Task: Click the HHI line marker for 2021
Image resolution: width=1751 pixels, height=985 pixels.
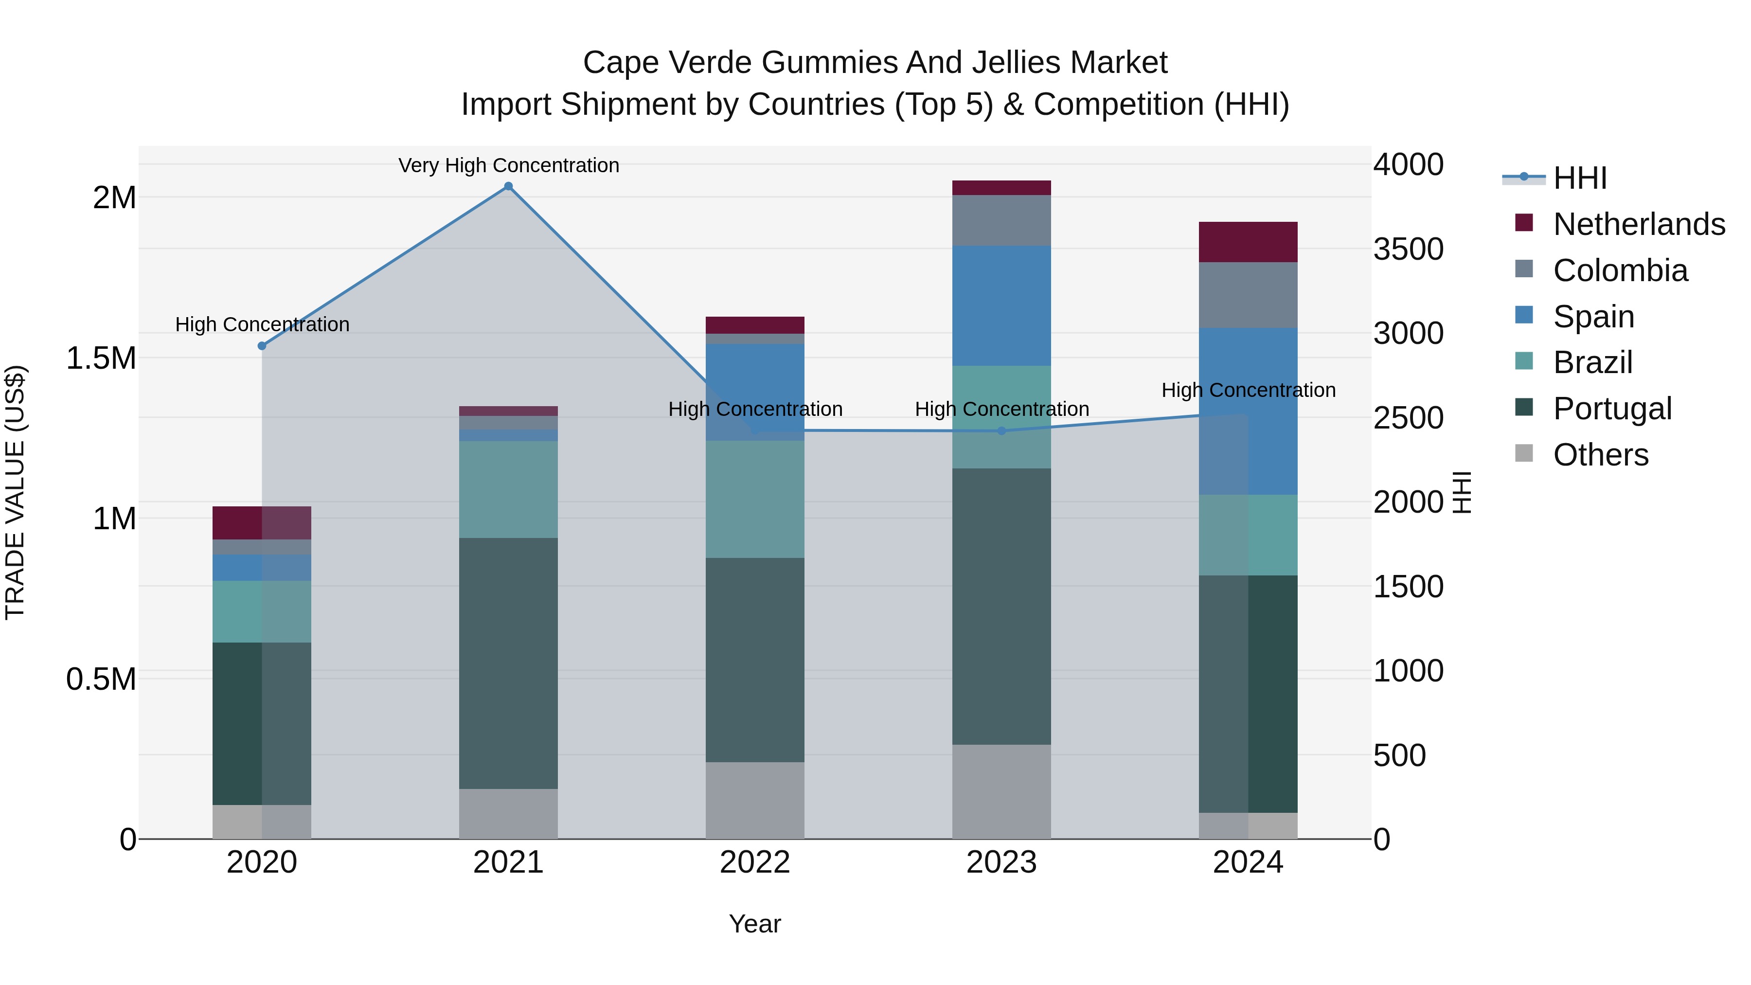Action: coord(508,186)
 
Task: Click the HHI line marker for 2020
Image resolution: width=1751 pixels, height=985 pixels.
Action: coord(262,346)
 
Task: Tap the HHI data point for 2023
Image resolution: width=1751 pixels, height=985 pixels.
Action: coord(1001,431)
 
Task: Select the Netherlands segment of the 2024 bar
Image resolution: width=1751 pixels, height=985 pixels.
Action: coord(1248,242)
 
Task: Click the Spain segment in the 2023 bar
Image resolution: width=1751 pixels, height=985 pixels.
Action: coord(1001,306)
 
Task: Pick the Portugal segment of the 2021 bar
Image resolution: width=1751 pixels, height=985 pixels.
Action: coord(508,663)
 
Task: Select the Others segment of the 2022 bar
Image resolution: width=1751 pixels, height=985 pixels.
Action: coord(754,800)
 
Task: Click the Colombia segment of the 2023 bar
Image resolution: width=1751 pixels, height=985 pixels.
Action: coord(1001,220)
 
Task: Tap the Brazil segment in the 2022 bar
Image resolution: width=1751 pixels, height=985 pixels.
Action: coord(754,499)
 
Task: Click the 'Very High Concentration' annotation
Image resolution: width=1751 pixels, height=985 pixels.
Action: coord(508,165)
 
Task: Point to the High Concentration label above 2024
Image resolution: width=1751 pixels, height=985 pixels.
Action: coord(1248,390)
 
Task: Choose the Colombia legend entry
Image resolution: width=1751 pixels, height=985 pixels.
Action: coord(1620,270)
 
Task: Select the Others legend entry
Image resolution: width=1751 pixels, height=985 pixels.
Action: coord(1600,455)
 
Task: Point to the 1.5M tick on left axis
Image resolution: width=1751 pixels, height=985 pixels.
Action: coord(101,358)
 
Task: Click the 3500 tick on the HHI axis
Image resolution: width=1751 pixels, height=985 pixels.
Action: coord(1408,249)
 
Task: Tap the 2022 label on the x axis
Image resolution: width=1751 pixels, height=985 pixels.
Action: coord(754,862)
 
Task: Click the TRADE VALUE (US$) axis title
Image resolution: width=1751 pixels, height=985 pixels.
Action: coord(15,492)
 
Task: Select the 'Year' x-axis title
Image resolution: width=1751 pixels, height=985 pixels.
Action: coord(754,924)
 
